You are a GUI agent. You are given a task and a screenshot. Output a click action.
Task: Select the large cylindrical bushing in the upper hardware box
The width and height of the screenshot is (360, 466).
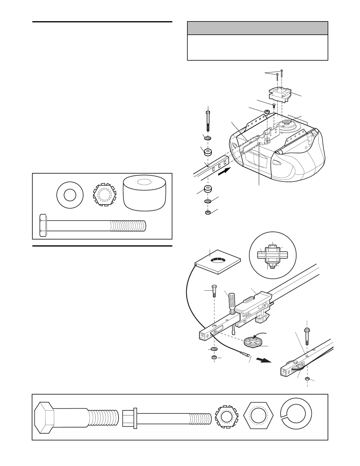click(x=144, y=193)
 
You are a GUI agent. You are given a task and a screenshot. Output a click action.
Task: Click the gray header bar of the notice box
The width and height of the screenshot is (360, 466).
click(x=257, y=28)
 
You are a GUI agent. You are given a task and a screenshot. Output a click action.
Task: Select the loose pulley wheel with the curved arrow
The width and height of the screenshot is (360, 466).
click(x=253, y=342)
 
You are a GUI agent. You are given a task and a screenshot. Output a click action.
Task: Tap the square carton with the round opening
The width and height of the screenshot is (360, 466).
click(x=218, y=261)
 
